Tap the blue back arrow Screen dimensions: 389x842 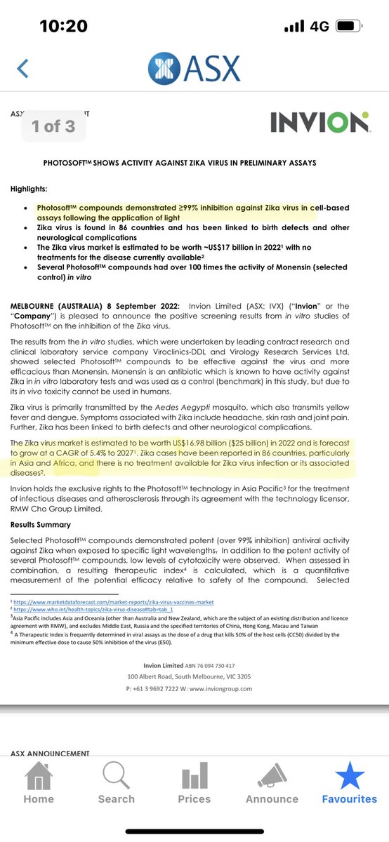click(x=23, y=68)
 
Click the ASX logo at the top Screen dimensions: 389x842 click(x=194, y=69)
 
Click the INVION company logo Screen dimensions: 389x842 click(x=320, y=123)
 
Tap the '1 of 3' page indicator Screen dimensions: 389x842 click(x=53, y=126)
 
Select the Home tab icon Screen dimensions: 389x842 click(x=38, y=779)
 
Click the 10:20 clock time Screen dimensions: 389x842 click(x=63, y=26)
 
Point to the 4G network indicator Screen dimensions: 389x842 click(x=319, y=26)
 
